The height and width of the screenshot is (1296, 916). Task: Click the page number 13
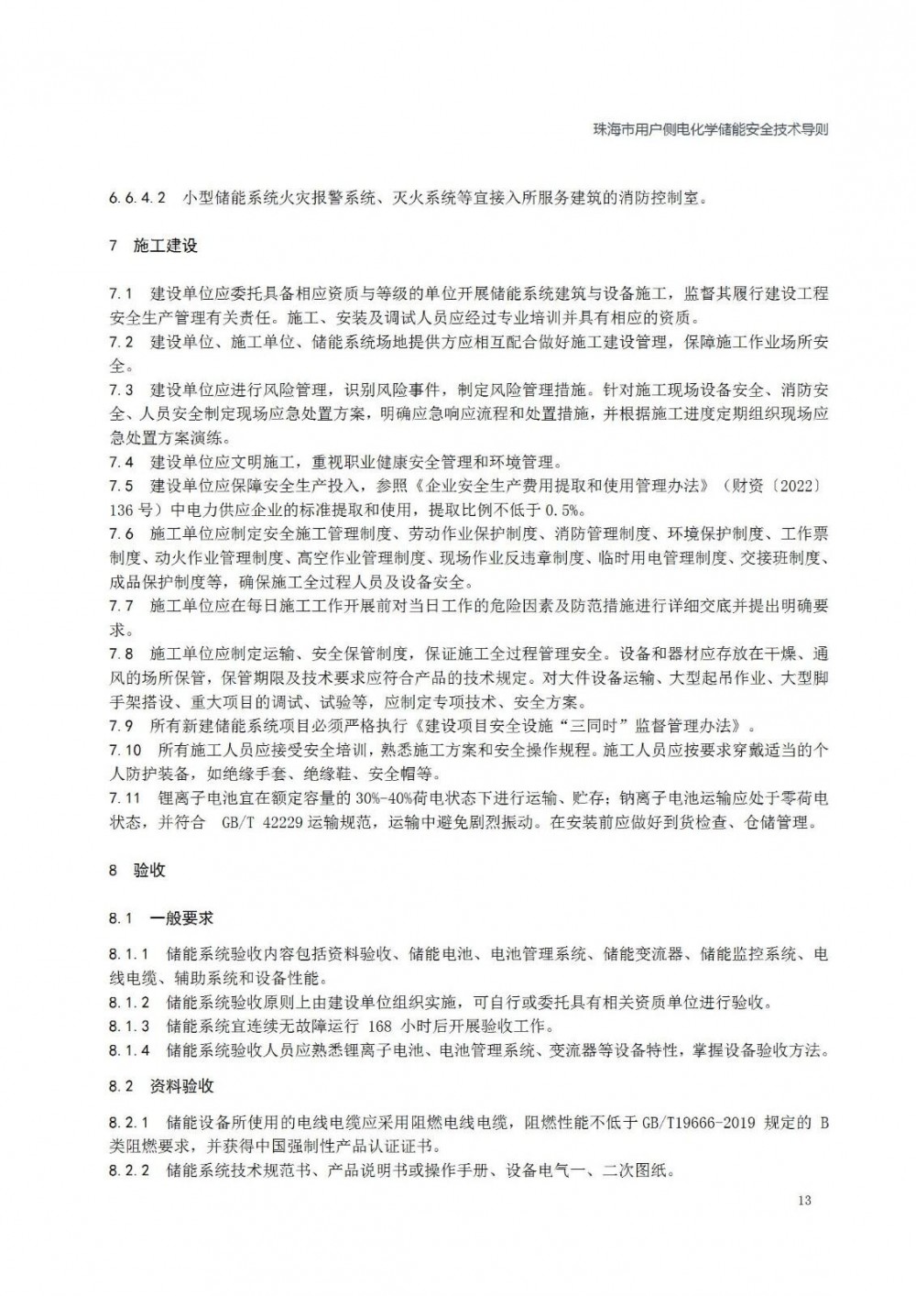click(804, 1201)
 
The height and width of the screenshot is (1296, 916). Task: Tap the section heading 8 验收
click(137, 870)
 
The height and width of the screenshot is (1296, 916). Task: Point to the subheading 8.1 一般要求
click(161, 917)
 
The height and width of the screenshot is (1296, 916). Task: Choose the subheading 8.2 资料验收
click(161, 1086)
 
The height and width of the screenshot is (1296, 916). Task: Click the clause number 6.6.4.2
click(136, 198)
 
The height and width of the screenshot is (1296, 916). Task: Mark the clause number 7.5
click(121, 485)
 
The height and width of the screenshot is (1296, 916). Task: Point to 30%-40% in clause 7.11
click(333, 798)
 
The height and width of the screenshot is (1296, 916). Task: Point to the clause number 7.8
click(121, 653)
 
